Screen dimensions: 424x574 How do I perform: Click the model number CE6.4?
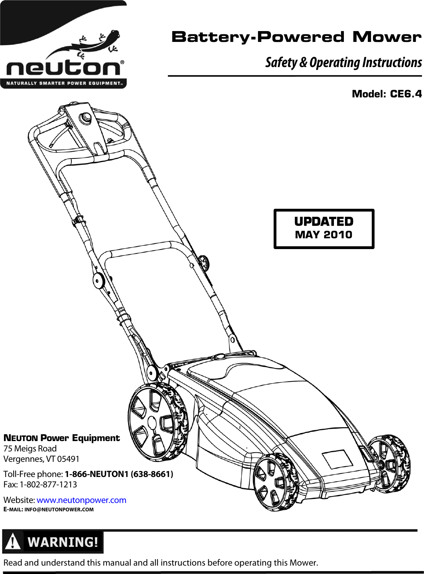pos(405,94)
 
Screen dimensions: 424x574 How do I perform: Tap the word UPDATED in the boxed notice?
pos(323,222)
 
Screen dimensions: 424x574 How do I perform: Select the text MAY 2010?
pos(323,235)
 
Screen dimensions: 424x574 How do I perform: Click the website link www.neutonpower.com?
pos(81,500)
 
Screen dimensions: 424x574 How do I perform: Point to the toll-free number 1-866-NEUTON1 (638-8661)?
pos(119,474)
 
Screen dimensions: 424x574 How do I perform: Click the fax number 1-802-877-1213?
pos(48,485)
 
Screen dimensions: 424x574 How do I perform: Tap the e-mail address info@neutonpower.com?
pos(59,509)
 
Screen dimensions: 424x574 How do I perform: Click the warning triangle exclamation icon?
pos(13,542)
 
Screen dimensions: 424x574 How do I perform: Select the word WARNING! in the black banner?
pos(63,542)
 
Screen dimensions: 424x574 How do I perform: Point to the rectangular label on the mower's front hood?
pos(337,459)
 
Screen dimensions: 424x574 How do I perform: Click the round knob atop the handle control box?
pos(85,117)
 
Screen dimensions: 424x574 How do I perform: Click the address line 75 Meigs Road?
pos(30,449)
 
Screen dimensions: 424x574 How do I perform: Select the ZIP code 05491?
pos(68,459)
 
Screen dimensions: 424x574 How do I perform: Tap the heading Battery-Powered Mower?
pos(296,37)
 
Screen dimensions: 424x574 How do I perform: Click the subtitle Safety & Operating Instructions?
pos(343,63)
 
